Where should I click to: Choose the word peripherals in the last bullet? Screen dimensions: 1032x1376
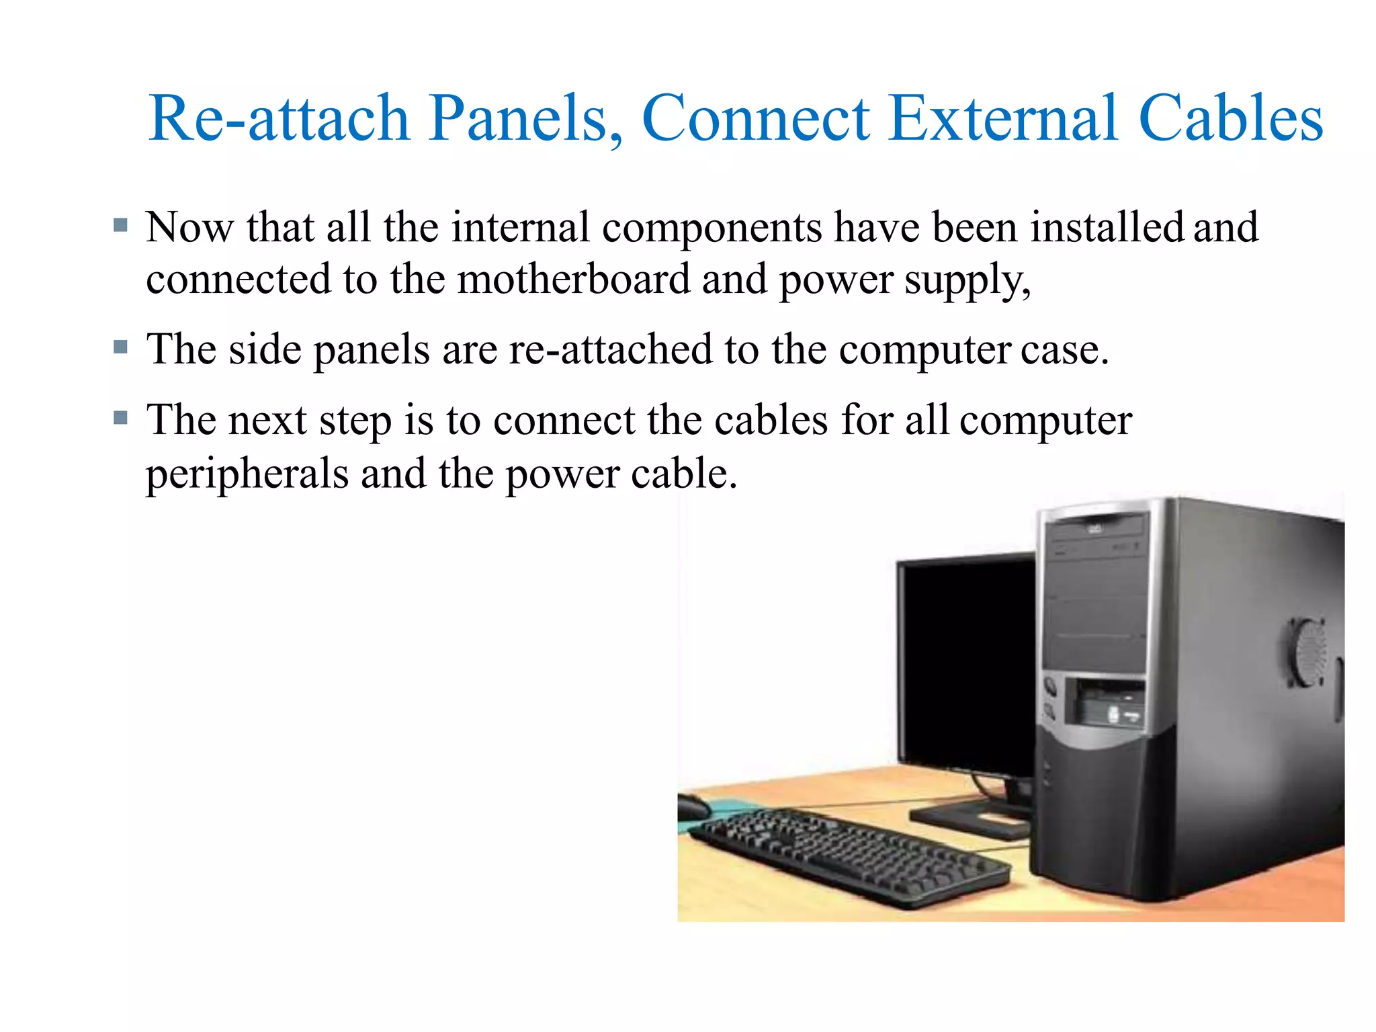pos(247,473)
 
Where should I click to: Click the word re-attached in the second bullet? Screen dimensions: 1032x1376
pos(610,349)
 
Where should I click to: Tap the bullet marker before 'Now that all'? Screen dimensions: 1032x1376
pos(121,225)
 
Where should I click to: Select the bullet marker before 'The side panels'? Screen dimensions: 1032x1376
pos(121,347)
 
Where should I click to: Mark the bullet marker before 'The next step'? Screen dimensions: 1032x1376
pos(121,419)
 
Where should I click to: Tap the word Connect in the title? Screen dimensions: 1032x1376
pos(756,118)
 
